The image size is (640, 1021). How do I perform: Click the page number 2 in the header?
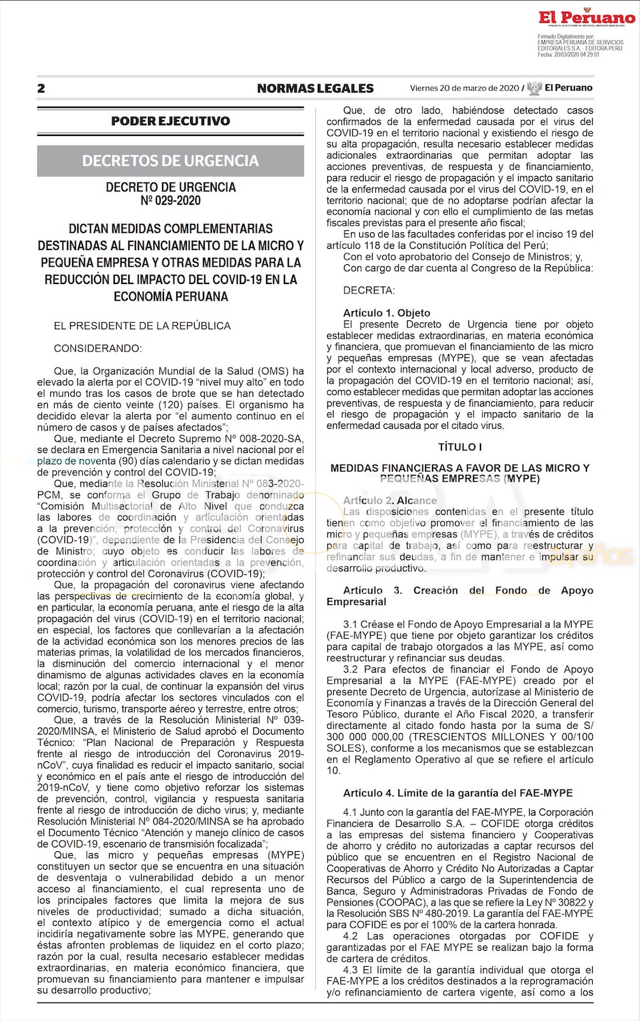[41, 89]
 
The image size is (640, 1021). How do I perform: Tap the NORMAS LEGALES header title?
[315, 89]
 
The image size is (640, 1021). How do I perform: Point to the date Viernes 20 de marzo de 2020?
[465, 88]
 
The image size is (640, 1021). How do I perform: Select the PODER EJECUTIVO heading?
[170, 121]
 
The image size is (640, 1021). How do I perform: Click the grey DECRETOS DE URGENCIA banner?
[170, 161]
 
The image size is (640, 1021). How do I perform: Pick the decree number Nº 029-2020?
[170, 201]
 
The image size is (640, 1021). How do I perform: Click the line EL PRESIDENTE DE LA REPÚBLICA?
[142, 325]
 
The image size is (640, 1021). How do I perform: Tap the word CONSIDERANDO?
[98, 348]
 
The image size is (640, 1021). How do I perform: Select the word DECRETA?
[369, 290]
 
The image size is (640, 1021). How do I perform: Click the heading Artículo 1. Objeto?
[387, 313]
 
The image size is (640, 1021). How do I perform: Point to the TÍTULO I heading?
[459, 447]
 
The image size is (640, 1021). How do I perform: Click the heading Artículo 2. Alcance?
[390, 500]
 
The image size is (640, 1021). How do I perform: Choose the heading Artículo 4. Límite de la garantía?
[458, 793]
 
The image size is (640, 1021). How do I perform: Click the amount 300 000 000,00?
[358, 737]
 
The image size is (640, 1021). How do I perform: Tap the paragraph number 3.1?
[350, 624]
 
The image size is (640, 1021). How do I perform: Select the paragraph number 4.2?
[350, 936]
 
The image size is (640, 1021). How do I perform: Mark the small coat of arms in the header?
[534, 89]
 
